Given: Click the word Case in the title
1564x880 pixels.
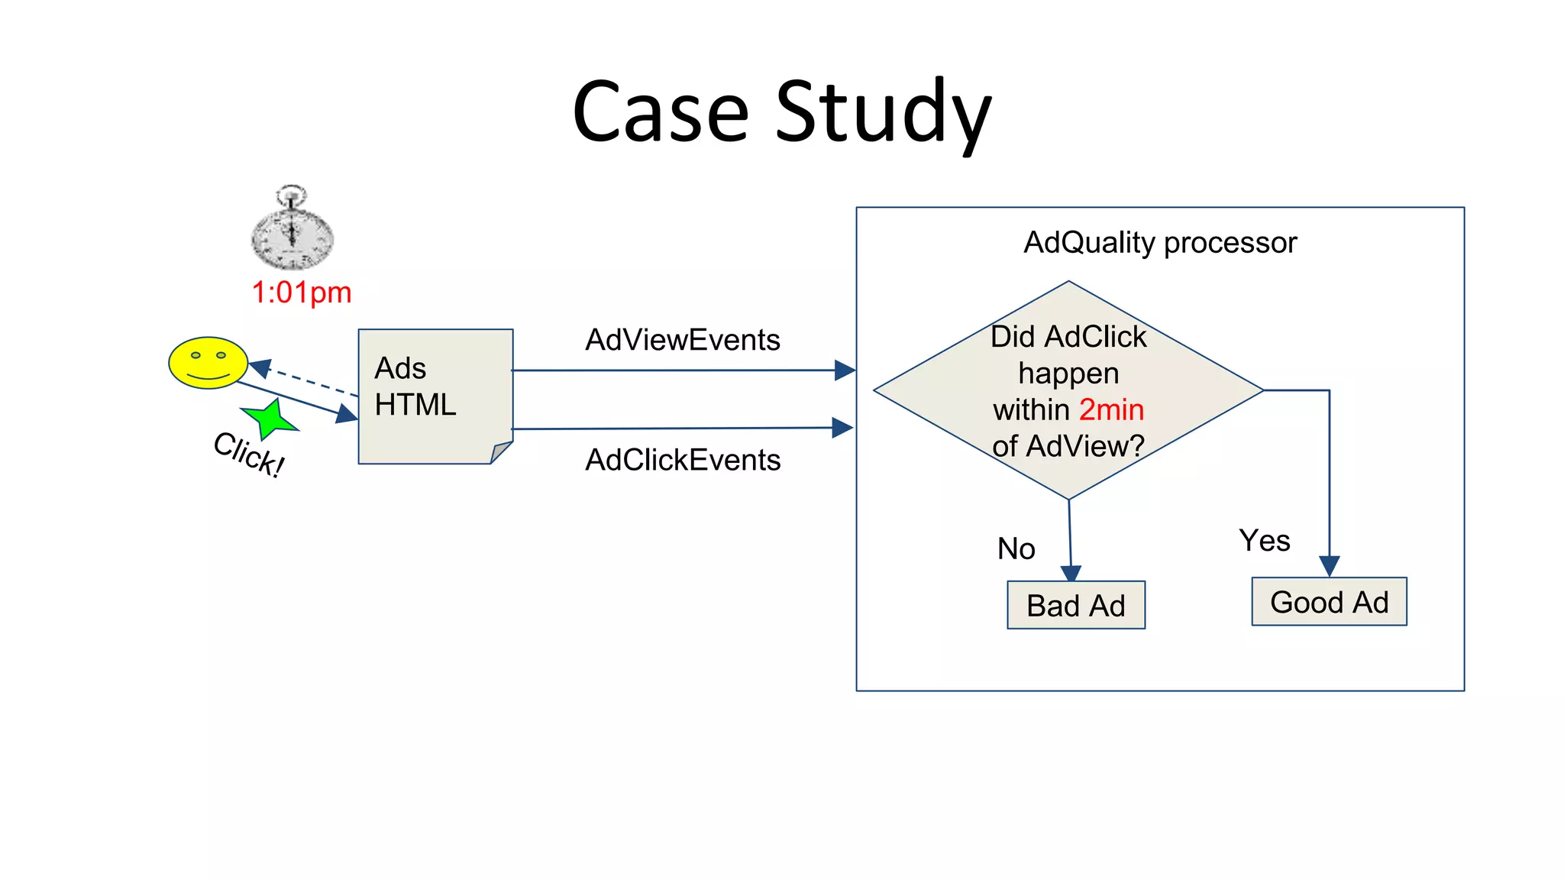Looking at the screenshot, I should [x=660, y=113].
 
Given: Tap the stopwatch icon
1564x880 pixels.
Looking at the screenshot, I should [x=292, y=231].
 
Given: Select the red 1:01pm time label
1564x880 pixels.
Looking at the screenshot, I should [x=302, y=293].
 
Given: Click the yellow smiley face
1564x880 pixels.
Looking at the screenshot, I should [x=208, y=362].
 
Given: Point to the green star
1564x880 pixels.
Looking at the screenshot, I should [x=268, y=419].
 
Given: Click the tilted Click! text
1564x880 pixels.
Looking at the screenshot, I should [x=249, y=454].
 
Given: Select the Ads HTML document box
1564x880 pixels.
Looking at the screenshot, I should [x=435, y=396].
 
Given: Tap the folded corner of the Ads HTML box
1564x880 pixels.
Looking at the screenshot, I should [x=501, y=452].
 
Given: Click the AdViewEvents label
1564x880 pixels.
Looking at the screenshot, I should [x=682, y=340].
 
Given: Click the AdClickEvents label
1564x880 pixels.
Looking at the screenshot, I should [x=682, y=460].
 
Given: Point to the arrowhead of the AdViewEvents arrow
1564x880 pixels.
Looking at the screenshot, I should [x=845, y=370].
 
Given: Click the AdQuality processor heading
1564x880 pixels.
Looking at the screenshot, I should [x=1159, y=243].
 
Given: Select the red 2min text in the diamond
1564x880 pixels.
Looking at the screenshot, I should [x=1111, y=410].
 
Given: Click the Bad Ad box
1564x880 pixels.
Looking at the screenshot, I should [x=1075, y=605].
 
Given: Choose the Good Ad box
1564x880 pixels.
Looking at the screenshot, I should [x=1329, y=602].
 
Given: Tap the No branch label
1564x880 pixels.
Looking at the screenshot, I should [x=1016, y=548].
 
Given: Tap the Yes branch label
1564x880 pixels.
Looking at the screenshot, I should [x=1264, y=541].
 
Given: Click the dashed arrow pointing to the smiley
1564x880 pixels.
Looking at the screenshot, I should [x=305, y=380].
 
